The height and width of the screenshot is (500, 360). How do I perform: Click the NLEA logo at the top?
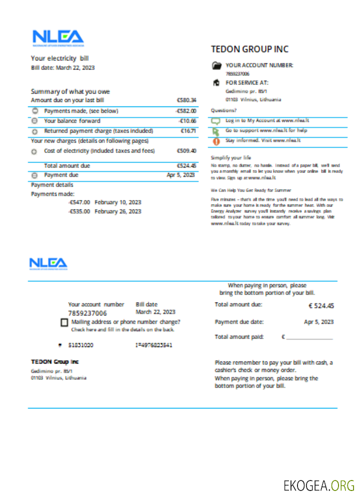tap(58, 38)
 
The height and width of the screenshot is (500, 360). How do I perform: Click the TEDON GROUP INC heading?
tap(249, 49)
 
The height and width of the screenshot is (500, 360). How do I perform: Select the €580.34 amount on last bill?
tap(186, 100)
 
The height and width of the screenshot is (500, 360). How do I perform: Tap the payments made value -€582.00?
tap(186, 111)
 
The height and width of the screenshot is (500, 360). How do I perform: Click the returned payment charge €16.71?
tap(188, 131)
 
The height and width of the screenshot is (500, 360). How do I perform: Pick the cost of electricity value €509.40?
tap(186, 150)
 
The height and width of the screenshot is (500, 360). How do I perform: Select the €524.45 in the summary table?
tap(186, 165)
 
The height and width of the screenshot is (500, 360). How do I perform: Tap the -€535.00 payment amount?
tap(79, 211)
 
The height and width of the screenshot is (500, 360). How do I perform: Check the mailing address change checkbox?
tap(64, 323)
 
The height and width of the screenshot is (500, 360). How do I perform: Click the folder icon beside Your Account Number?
tap(216, 65)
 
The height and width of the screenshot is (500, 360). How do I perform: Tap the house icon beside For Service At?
tap(216, 82)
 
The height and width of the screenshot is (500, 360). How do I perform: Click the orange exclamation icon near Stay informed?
tap(216, 141)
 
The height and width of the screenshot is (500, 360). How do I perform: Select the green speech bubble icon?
tap(215, 121)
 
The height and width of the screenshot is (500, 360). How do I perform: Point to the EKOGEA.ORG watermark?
tap(319, 485)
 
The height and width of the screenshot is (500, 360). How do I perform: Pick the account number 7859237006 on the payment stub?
tap(87, 313)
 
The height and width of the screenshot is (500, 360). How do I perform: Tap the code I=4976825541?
tap(154, 345)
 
